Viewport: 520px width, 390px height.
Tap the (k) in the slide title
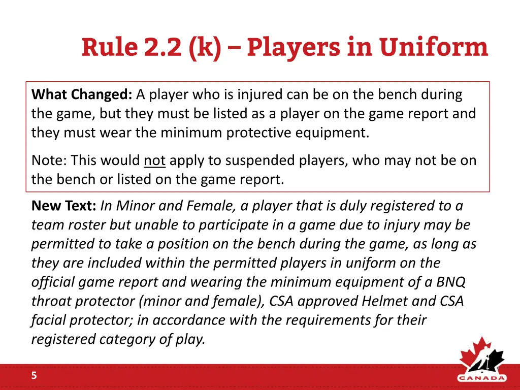point(204,48)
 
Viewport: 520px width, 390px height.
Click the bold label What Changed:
point(82,94)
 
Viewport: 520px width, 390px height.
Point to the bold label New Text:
point(64,206)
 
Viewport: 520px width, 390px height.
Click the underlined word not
point(154,160)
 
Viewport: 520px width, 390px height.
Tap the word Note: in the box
point(49,160)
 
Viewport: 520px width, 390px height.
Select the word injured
point(259,94)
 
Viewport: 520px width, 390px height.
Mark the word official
point(53,282)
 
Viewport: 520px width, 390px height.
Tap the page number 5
point(34,376)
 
